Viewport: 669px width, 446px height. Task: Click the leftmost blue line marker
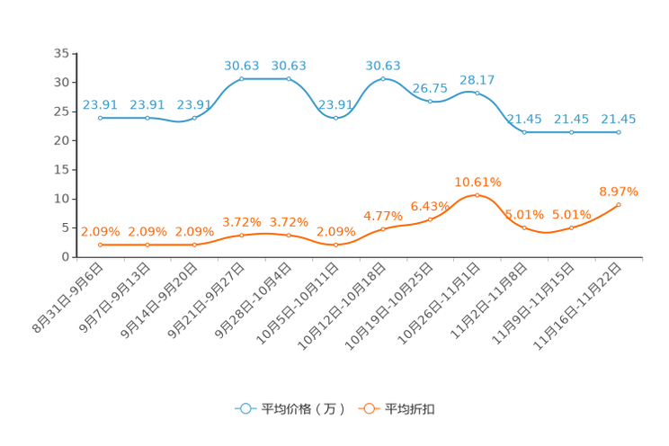[100, 118]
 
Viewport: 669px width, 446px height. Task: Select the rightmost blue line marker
[619, 132]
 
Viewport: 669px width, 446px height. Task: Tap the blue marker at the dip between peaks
[335, 118]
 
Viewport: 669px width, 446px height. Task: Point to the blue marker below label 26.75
[431, 101]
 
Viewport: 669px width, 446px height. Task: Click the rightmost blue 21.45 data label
[619, 119]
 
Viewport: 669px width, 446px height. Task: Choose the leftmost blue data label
[99, 104]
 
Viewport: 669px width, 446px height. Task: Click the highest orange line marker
[477, 195]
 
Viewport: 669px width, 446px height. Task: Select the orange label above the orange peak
[477, 182]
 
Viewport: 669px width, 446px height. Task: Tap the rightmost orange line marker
[619, 204]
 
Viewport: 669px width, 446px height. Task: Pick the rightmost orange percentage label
[619, 191]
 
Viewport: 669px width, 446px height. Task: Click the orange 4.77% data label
[382, 216]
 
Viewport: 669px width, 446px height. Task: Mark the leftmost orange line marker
[100, 245]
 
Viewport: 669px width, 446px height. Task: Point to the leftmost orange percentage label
[99, 231]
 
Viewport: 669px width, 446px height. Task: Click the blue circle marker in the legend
[245, 409]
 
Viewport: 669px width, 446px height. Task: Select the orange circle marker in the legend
[369, 409]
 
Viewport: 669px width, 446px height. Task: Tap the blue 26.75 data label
[430, 87]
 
